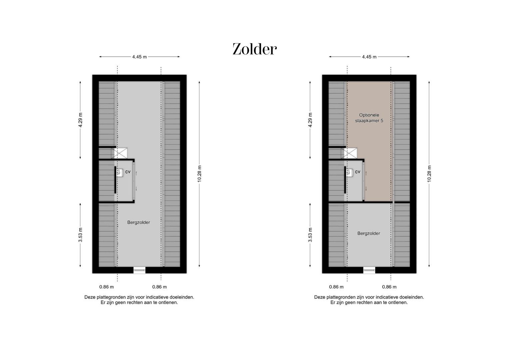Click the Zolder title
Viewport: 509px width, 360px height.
(254, 49)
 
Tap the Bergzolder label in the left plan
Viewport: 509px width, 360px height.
(139, 222)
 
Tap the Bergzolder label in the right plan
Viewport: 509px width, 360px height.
(369, 233)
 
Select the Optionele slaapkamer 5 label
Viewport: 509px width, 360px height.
(369, 118)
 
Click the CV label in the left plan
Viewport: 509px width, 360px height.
(128, 172)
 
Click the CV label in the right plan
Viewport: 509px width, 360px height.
(358, 172)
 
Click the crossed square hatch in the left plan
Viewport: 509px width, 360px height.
(119, 153)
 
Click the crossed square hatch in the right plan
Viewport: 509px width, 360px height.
(349, 153)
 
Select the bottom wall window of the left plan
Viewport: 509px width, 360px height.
(140, 270)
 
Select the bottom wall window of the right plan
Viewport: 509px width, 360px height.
(369, 270)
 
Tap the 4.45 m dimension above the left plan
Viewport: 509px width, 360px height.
(139, 57)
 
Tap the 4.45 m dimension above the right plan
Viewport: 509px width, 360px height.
(369, 57)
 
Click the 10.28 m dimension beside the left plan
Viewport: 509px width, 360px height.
(199, 174)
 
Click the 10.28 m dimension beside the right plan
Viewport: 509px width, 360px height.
(429, 174)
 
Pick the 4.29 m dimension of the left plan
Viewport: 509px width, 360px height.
(80, 120)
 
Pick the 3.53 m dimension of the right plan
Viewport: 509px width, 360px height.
(310, 235)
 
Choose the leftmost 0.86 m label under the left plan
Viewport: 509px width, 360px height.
(106, 287)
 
